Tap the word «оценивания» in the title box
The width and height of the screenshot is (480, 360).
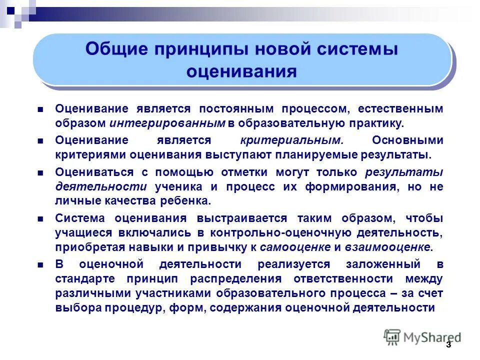[241, 72]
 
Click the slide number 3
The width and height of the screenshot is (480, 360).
[448, 345]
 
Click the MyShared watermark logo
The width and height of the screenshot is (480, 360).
[422, 337]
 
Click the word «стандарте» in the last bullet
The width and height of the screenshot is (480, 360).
[85, 278]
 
